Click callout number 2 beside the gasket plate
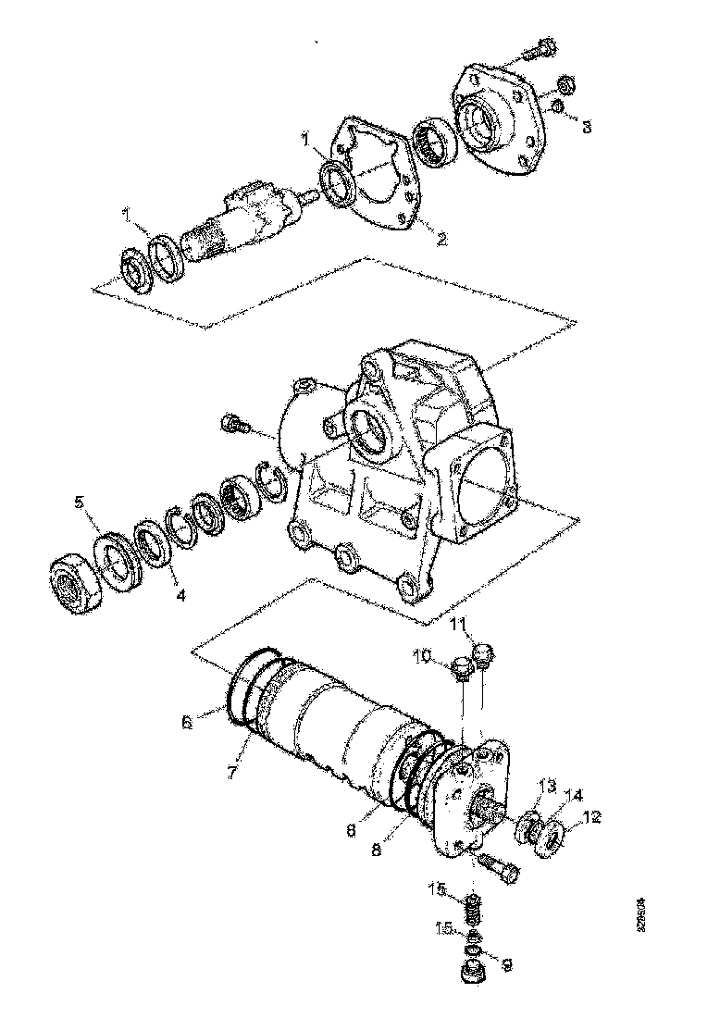click(x=442, y=239)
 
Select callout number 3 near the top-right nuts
click(x=586, y=127)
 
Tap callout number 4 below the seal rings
click(x=180, y=595)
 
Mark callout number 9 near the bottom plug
click(x=506, y=963)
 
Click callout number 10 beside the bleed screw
click(x=421, y=655)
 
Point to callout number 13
click(x=547, y=785)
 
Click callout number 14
click(x=576, y=794)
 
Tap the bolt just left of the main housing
click(x=235, y=426)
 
